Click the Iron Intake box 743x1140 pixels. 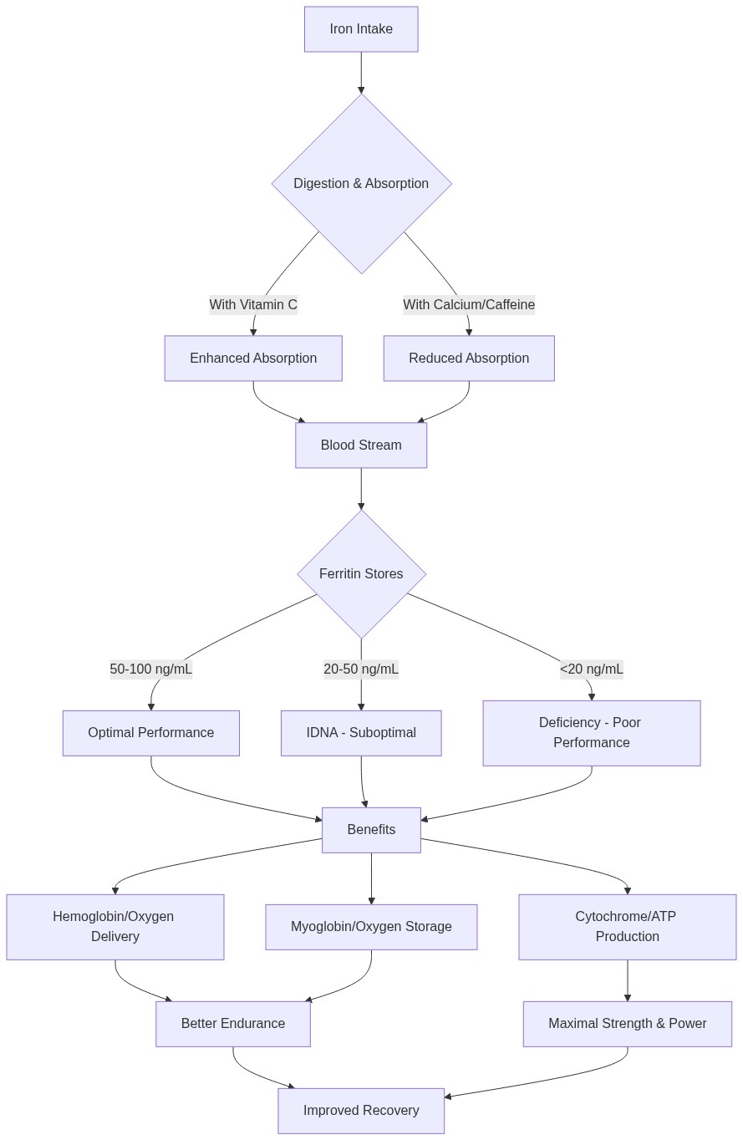[361, 29]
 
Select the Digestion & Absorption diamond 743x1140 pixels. [361, 183]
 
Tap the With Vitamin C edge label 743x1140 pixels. [253, 305]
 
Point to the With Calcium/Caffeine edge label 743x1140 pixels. [469, 305]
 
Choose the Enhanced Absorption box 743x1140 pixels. [253, 359]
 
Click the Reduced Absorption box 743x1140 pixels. [469, 359]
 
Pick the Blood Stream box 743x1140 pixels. [361, 445]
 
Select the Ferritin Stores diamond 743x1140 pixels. [361, 574]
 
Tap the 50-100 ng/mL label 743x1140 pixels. [151, 669]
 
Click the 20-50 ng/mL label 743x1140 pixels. [361, 669]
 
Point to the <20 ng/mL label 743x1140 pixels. [592, 669]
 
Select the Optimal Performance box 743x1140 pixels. [151, 733]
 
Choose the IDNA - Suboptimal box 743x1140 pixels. [361, 733]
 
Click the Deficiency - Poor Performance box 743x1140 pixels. [592, 733]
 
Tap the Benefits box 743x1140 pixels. [371, 830]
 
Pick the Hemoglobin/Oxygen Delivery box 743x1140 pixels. [115, 927]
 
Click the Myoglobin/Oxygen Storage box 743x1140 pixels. [371, 927]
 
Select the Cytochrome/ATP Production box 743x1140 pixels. [628, 927]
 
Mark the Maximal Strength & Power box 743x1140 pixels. [628, 1024]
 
